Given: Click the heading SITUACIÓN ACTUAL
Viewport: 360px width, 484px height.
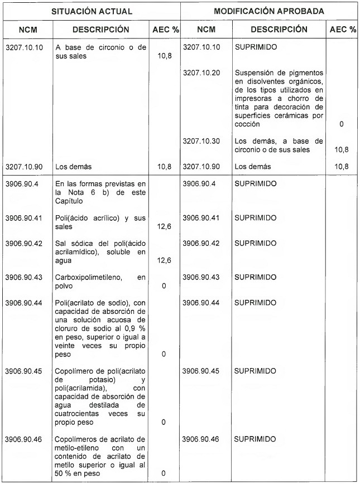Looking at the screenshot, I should pyautogui.click(x=92, y=11).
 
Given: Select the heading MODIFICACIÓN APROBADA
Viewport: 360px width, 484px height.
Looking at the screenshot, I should pyautogui.click(x=270, y=11).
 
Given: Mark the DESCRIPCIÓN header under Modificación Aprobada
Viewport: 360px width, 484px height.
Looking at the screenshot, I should pyautogui.click(x=279, y=30).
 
